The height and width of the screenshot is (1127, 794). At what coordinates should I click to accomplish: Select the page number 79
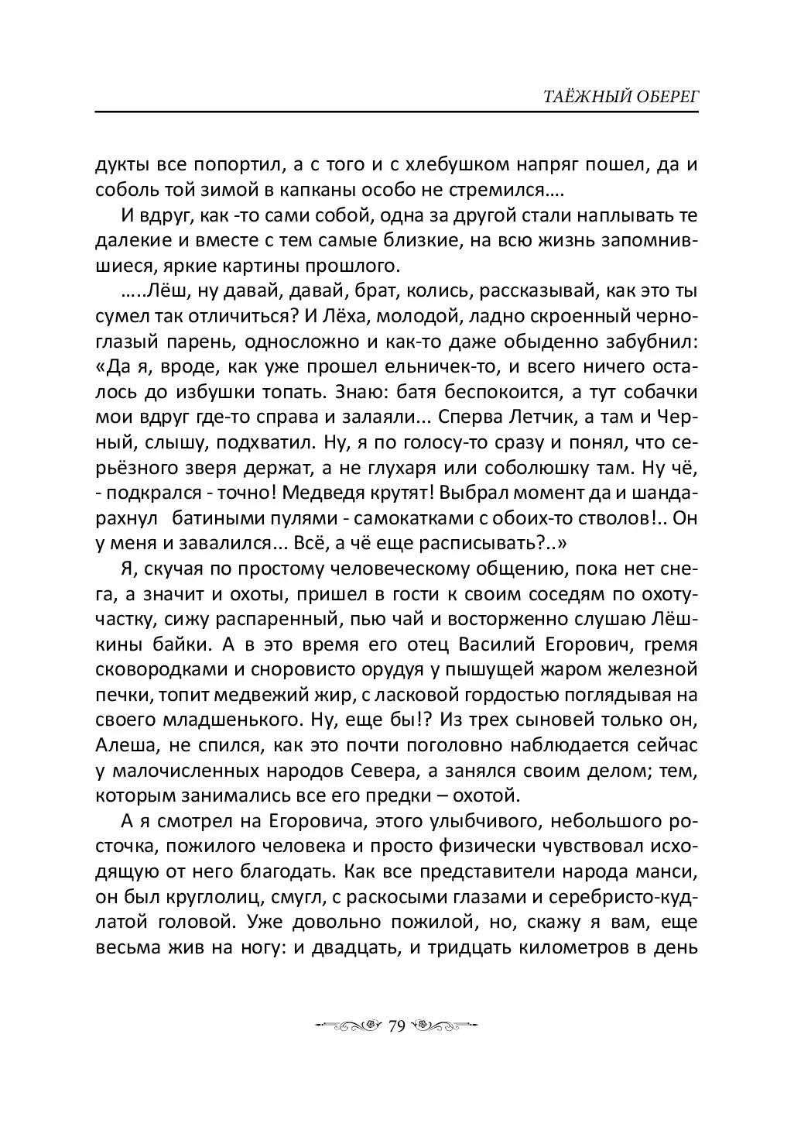coord(397,1026)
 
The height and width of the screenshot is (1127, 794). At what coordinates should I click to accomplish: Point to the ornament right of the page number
coord(444,1026)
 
